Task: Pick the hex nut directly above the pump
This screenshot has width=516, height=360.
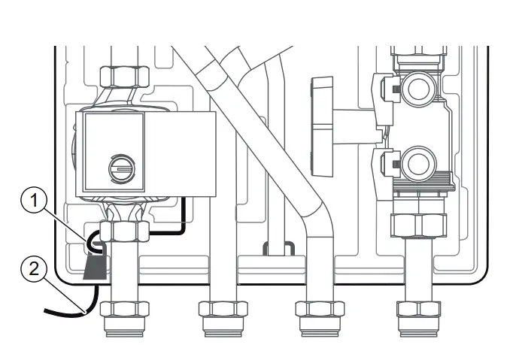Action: [x=123, y=75]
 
